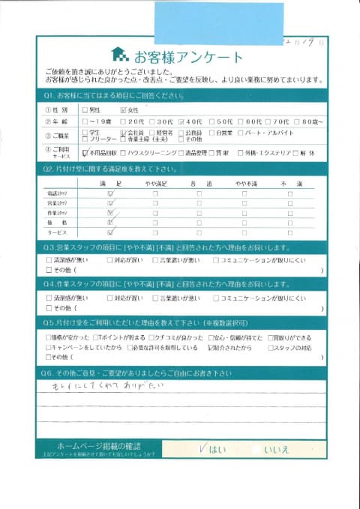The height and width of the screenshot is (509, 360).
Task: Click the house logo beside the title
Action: (119, 55)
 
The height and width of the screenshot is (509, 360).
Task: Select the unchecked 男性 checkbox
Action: (85, 109)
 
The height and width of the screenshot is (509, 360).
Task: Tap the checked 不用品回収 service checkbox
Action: (85, 151)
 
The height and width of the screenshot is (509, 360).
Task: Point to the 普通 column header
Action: (199, 183)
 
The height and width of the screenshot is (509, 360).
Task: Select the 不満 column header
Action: (289, 183)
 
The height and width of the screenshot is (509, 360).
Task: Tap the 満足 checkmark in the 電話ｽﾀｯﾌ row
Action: (110, 193)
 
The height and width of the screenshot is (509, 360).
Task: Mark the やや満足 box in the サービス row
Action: (155, 232)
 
